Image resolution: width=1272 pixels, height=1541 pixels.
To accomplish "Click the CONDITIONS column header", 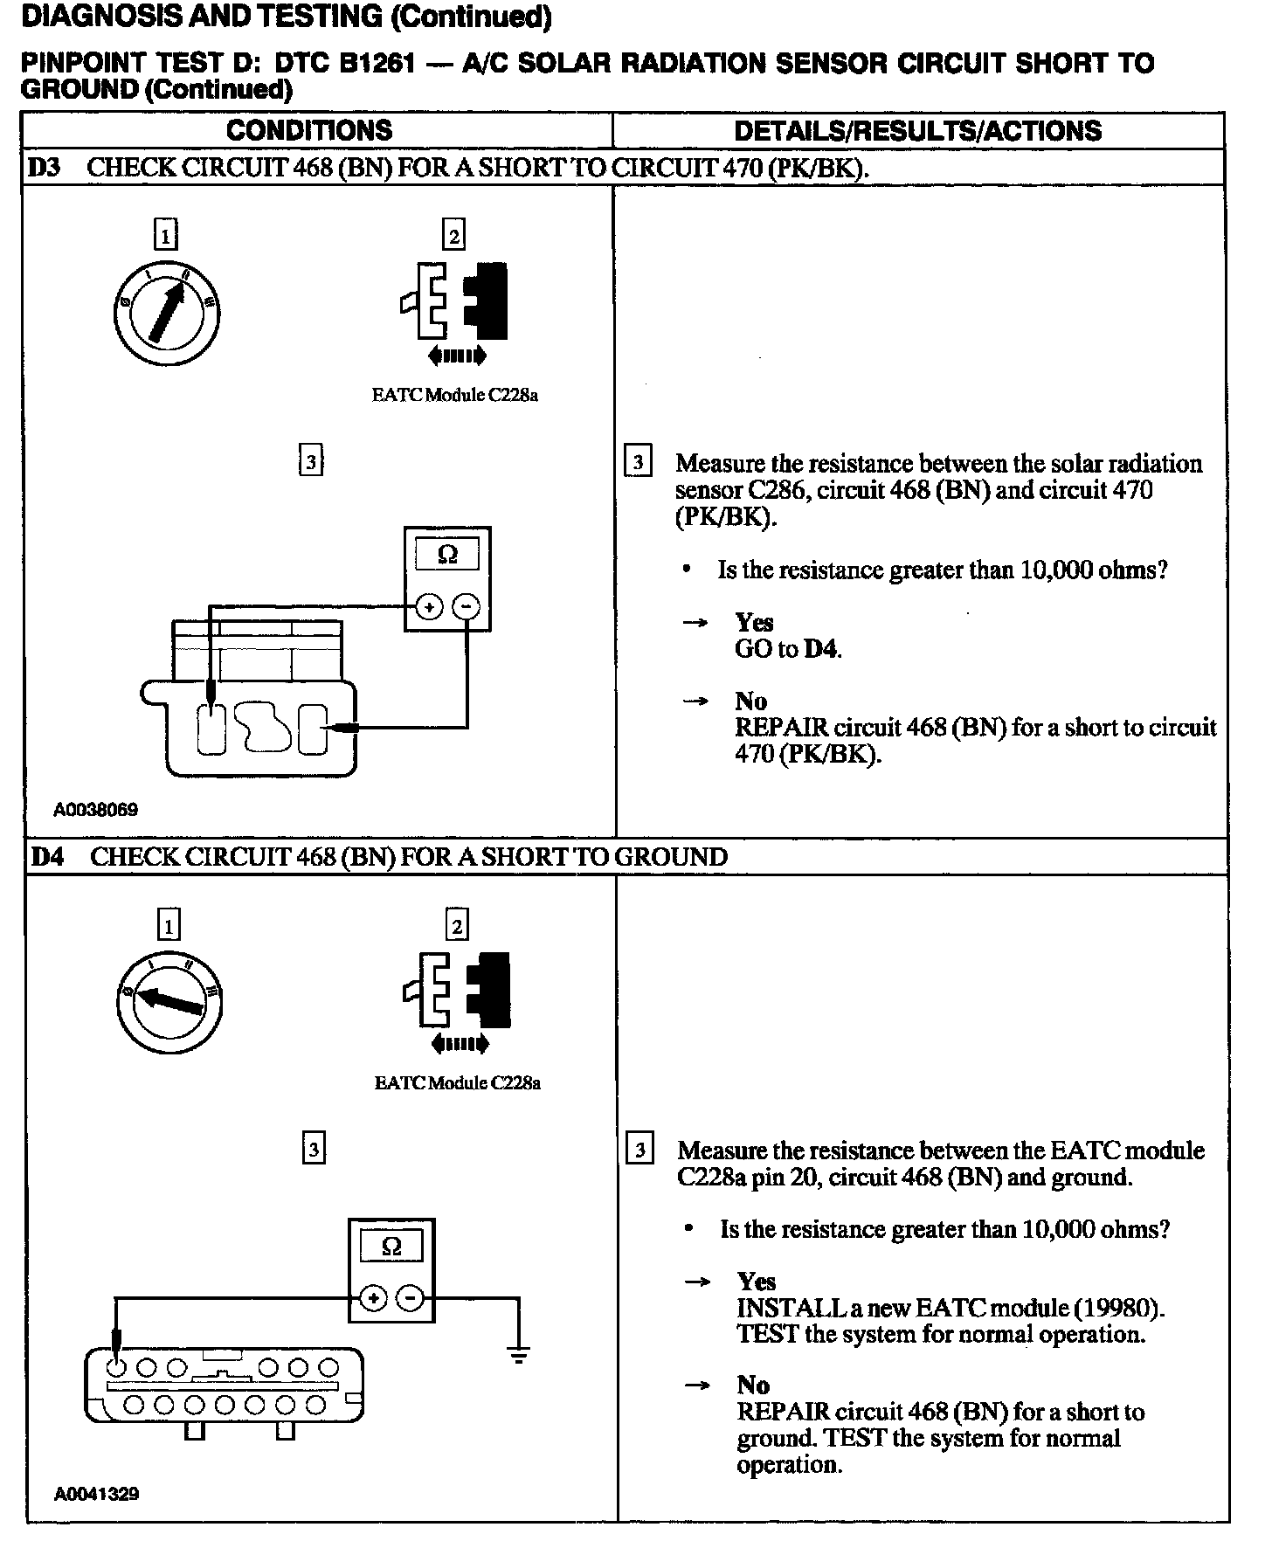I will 309,131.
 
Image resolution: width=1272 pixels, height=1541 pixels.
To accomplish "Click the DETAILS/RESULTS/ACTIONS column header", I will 917,131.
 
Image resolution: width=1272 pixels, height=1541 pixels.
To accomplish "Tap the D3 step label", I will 45,167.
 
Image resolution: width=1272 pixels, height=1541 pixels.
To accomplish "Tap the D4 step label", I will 47,856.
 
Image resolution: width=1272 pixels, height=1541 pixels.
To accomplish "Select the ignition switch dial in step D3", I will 167,312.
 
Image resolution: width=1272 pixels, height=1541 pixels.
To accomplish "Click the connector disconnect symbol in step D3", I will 455,311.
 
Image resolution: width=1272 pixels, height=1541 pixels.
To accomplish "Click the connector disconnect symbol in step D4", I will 457,999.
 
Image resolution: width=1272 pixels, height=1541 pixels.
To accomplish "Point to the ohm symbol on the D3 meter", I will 447,555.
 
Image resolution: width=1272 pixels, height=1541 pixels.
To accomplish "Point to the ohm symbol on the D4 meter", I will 391,1246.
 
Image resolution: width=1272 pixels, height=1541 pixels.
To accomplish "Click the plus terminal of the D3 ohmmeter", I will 428,605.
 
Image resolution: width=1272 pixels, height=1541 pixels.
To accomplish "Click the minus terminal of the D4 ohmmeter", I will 411,1299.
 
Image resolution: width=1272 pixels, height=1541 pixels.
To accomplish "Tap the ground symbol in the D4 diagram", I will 518,1356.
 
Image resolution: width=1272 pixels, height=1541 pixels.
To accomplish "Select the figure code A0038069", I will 95,810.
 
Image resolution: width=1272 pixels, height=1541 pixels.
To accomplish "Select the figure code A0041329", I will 96,1494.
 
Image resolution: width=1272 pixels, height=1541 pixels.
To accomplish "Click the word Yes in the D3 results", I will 754,622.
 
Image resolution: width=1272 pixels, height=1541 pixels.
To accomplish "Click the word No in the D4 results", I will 752,1385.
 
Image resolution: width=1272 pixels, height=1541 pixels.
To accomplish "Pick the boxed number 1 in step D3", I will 165,235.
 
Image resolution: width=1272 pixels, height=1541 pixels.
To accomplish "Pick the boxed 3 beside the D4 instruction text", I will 639,1150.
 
